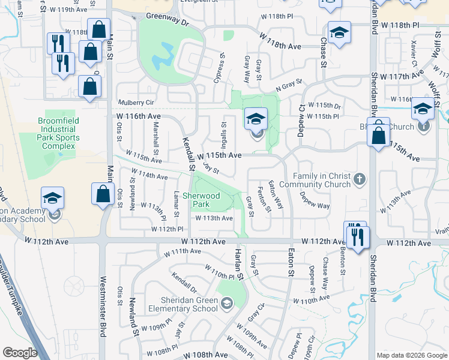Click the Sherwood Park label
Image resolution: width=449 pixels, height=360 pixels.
click(202, 200)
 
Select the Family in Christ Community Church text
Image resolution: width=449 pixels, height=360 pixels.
click(321, 180)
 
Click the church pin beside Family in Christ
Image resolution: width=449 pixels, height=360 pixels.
click(359, 178)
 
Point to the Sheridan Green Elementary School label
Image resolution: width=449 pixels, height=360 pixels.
click(188, 304)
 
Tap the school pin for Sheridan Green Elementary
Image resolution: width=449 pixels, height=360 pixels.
click(226, 304)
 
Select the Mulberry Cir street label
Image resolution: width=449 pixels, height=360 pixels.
click(136, 102)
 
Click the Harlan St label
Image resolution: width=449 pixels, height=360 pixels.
click(240, 266)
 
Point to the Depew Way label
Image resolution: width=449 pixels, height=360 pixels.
click(315, 201)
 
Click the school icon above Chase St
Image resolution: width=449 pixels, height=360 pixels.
click(339, 34)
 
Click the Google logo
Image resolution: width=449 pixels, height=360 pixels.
click(20, 352)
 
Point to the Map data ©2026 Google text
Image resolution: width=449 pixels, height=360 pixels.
click(411, 355)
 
